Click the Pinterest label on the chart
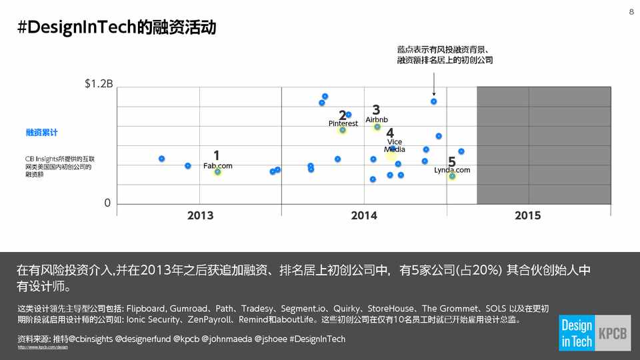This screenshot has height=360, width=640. (343, 123)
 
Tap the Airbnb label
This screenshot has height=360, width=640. (377, 119)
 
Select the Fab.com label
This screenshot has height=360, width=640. (218, 165)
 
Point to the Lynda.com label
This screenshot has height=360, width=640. (452, 170)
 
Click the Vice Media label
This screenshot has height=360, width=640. (395, 145)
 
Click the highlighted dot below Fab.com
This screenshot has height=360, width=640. (217, 172)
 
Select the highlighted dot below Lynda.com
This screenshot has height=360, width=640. (452, 176)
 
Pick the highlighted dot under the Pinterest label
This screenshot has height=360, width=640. (343, 130)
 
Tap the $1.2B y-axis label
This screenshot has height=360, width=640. (99, 84)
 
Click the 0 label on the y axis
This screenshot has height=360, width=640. (107, 203)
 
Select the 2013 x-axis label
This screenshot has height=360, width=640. (200, 215)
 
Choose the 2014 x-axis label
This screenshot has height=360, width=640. (364, 215)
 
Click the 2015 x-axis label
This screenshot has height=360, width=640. (528, 215)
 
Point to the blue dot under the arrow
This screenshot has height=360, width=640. (433, 101)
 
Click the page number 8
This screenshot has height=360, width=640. (631, 13)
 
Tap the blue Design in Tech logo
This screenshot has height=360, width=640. (576, 333)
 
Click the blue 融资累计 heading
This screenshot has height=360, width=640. (41, 133)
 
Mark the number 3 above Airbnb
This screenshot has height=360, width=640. (376, 109)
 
